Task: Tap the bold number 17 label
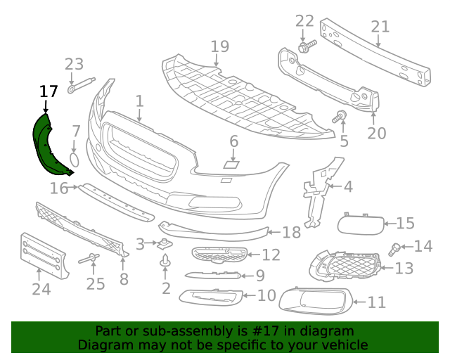[x=49, y=91]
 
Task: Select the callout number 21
[x=380, y=27]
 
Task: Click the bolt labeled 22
[x=307, y=46]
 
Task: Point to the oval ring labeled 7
[x=75, y=160]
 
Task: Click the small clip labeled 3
[x=164, y=244]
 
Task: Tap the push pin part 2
[x=165, y=260]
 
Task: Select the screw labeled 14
[x=394, y=249]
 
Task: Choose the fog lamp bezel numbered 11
[x=315, y=300]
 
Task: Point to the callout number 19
[x=220, y=46]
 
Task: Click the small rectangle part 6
[x=231, y=165]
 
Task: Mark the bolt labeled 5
[x=340, y=116]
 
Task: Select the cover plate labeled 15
[x=361, y=224]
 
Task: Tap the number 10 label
[x=266, y=295]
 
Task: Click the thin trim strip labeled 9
[x=213, y=276]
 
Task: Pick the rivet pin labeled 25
[x=89, y=259]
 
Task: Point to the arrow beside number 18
[x=274, y=232]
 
